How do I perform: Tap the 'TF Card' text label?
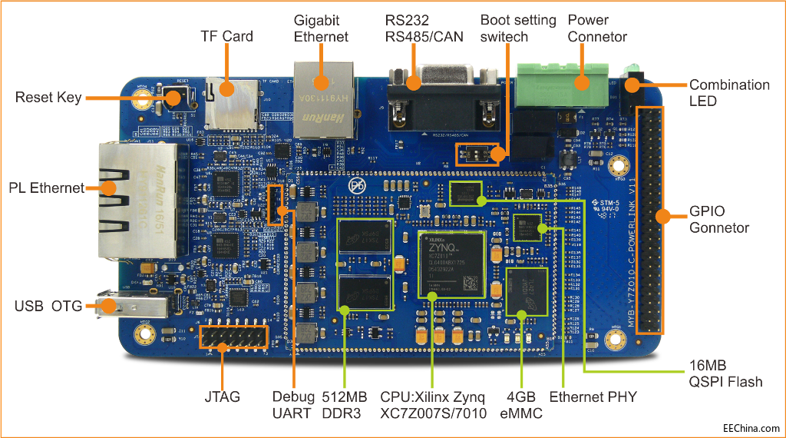click(x=226, y=36)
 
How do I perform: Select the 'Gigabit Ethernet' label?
click(x=321, y=28)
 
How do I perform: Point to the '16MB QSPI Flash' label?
click(x=724, y=373)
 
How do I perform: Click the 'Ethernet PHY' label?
click(x=593, y=397)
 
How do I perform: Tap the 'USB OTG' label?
click(x=48, y=307)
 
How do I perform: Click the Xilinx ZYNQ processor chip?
click(x=451, y=264)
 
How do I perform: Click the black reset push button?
click(x=173, y=98)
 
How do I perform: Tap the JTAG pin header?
click(x=233, y=337)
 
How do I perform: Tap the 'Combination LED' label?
click(x=728, y=92)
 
